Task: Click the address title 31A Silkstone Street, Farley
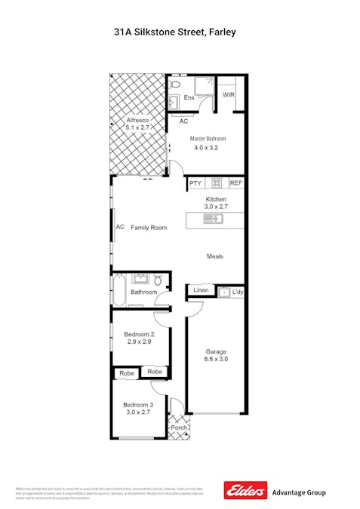pos(180,32)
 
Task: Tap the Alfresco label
pos(137,121)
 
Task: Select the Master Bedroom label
pos(208,139)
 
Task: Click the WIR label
pos(229,95)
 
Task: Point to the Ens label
pos(189,98)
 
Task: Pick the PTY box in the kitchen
pos(195,183)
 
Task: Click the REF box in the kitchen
pos(235,183)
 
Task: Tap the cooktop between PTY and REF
pos(216,183)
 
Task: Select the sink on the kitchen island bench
pos(213,219)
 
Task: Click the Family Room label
pos(148,227)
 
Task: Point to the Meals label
pos(215,256)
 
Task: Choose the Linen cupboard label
pos(201,290)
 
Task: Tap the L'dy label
pos(237,292)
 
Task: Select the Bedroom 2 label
pos(140,335)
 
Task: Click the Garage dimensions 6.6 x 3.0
pos(217,360)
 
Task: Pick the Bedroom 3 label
pos(139,406)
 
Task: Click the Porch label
pos(179,428)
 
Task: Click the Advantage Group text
pos(299,492)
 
